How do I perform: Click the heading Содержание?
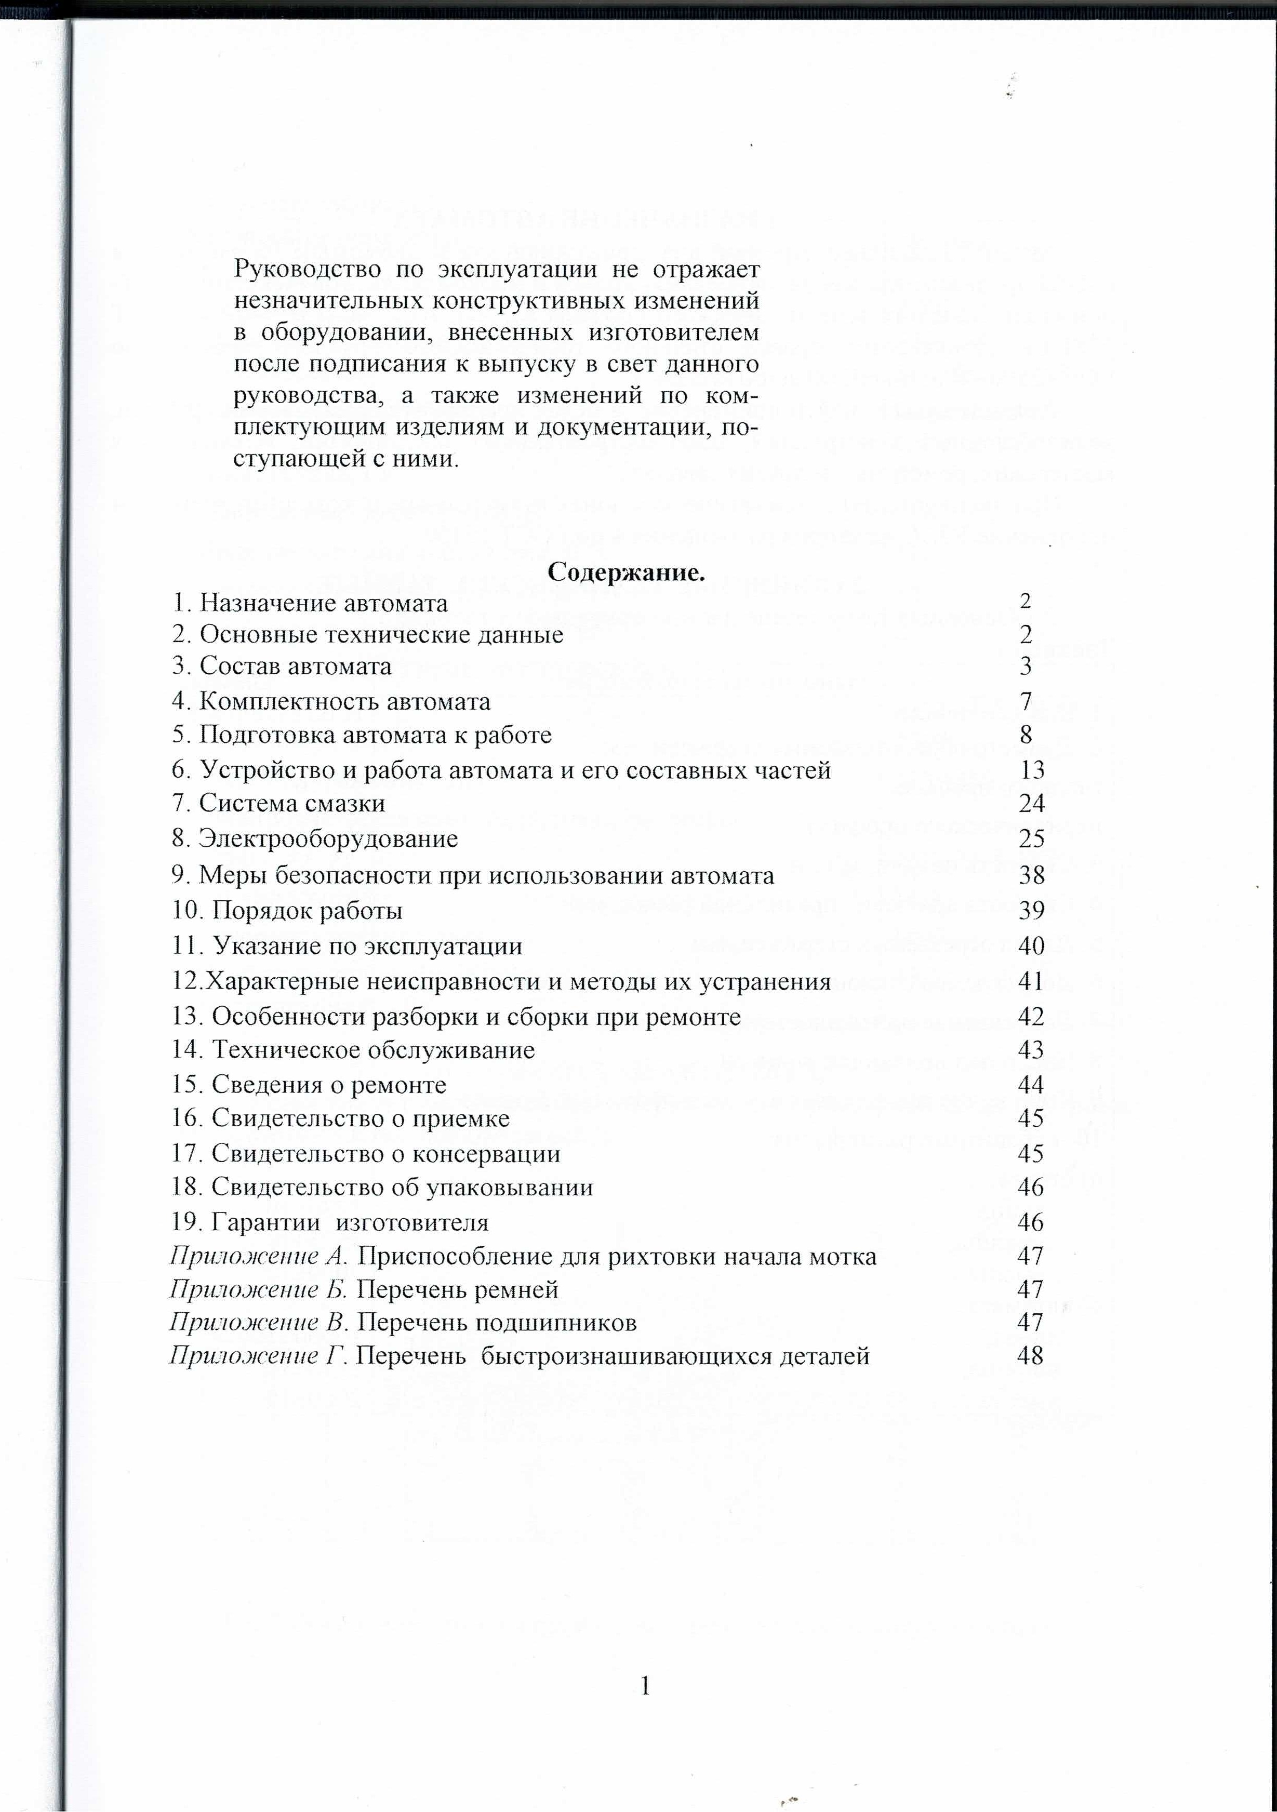(626, 572)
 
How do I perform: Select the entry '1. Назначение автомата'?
(310, 603)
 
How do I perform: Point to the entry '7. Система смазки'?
(278, 804)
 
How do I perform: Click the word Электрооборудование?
(327, 838)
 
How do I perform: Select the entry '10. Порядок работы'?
(287, 911)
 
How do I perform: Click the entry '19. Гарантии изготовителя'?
(330, 1222)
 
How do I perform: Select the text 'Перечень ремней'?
(458, 1289)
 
